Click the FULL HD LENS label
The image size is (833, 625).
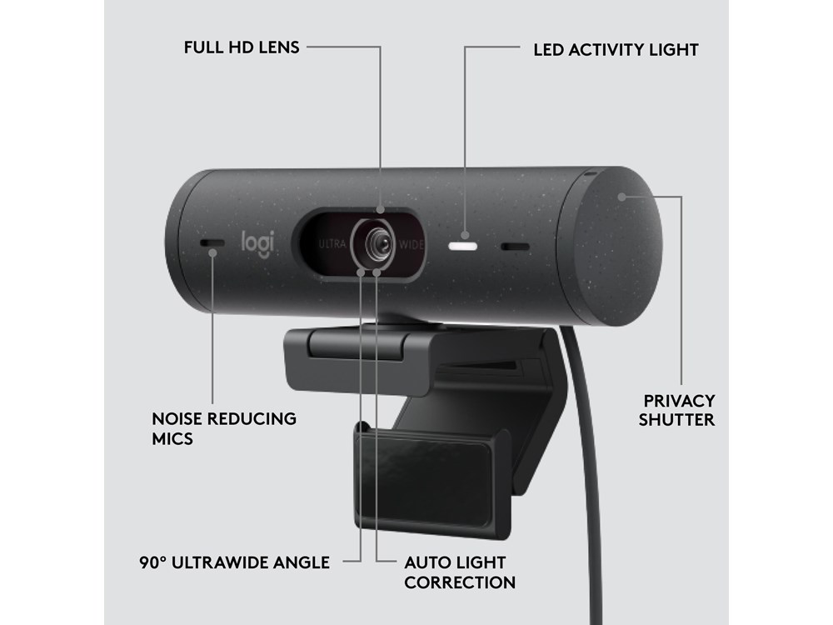[x=242, y=47]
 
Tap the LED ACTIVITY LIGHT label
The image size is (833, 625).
[x=616, y=50]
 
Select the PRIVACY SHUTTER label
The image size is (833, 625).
[x=676, y=410]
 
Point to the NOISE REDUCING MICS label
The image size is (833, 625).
[x=224, y=428]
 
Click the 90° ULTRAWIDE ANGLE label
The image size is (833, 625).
[x=235, y=562]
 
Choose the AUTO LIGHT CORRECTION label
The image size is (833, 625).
[x=460, y=572]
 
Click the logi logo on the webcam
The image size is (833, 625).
[x=257, y=244]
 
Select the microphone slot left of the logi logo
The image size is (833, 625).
[x=212, y=243]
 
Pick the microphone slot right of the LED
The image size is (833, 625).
[x=515, y=247]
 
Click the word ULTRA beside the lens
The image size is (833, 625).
[x=332, y=244]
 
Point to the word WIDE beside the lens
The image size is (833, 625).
[x=412, y=245]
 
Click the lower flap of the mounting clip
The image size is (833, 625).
[x=433, y=478]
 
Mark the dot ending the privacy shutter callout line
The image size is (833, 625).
[x=621, y=197]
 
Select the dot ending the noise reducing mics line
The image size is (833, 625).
[x=212, y=252]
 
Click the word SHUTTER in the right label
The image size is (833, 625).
[x=676, y=420]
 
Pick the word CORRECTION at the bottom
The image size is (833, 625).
[x=460, y=582]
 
